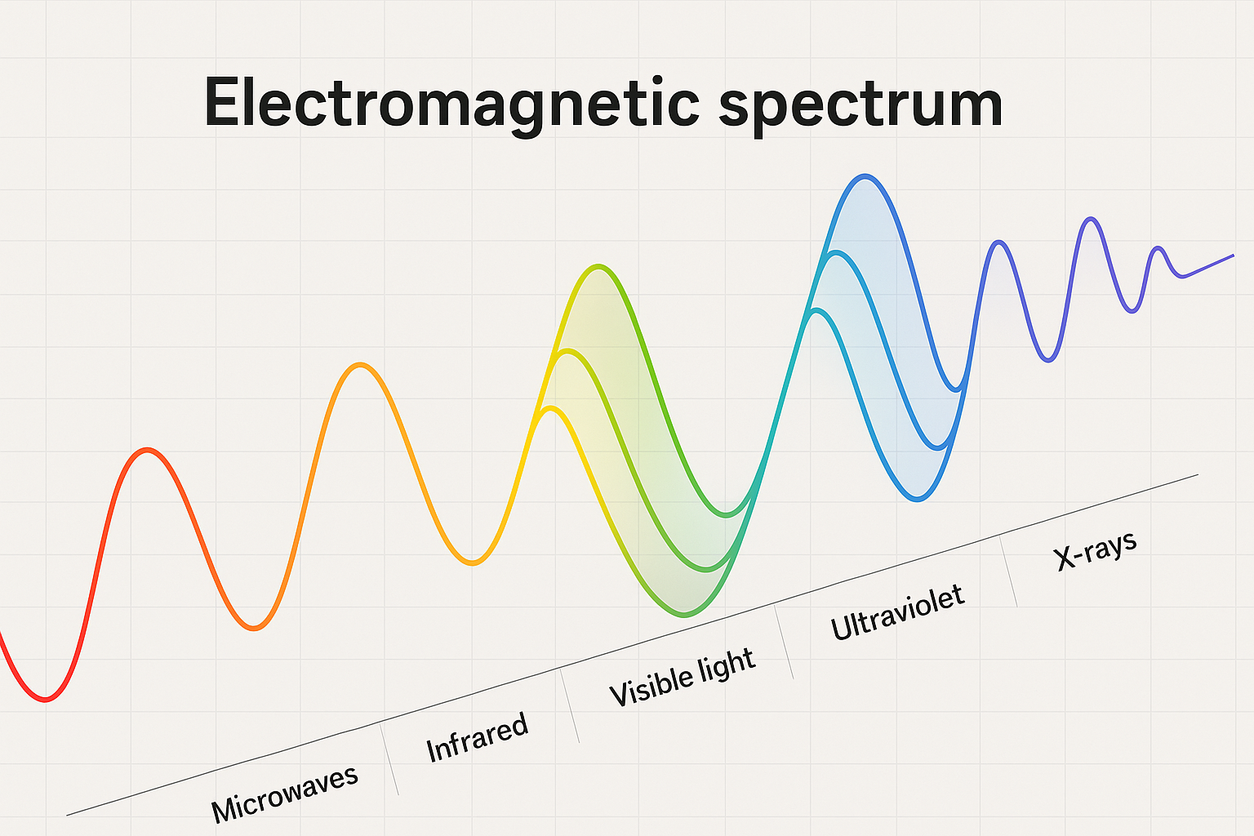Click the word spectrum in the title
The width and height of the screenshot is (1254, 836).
tap(861, 106)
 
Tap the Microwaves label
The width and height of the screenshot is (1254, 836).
tap(284, 794)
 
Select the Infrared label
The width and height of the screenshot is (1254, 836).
tap(477, 737)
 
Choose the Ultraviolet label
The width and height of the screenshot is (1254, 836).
tap(897, 612)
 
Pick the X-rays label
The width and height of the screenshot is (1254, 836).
tap(1095, 551)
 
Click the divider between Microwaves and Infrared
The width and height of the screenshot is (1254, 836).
tap(389, 758)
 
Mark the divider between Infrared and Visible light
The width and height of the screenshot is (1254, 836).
tap(569, 706)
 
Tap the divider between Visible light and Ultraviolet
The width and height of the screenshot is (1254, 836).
tap(784, 643)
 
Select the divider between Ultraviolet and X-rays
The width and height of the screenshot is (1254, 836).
tap(1008, 571)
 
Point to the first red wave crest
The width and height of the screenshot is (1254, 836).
tap(147, 450)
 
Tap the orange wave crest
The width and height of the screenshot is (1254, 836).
tap(360, 365)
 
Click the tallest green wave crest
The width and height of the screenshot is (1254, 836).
tap(598, 266)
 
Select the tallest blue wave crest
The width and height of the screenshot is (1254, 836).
tap(865, 176)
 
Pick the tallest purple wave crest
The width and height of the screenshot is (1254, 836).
tap(1091, 219)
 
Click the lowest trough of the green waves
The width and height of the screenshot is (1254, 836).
tap(685, 615)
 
